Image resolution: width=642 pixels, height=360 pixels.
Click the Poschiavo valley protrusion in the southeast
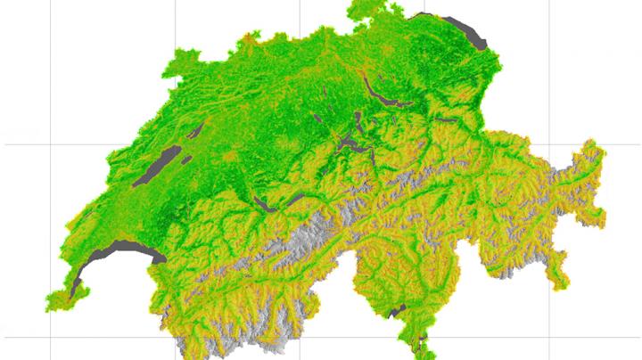pos(558,281)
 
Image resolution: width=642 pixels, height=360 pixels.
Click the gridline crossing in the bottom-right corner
pos(549,337)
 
